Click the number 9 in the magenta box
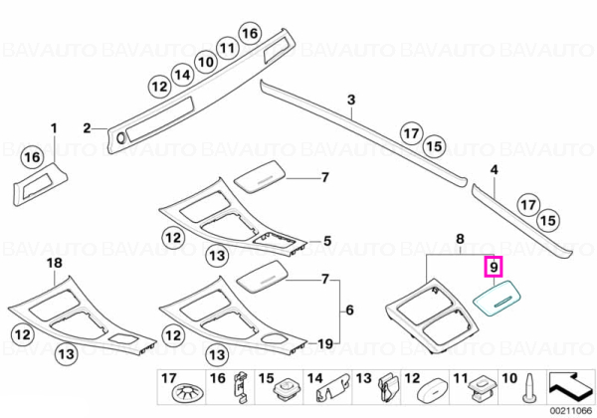click(x=494, y=267)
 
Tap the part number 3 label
click(x=351, y=100)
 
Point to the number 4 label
click(x=494, y=170)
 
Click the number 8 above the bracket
click(x=460, y=239)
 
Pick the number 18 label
click(x=54, y=263)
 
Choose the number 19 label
click(x=324, y=344)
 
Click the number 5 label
click(x=327, y=241)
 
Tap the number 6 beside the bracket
click(x=349, y=311)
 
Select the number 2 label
click(x=88, y=128)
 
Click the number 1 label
click(x=54, y=128)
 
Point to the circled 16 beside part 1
click(x=33, y=157)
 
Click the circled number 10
click(x=206, y=62)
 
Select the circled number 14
click(x=182, y=75)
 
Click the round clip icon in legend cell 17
click(x=188, y=393)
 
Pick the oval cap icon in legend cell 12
click(x=433, y=390)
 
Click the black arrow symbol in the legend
click(x=570, y=386)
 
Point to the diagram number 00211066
click(x=571, y=411)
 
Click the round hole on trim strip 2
click(x=121, y=138)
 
